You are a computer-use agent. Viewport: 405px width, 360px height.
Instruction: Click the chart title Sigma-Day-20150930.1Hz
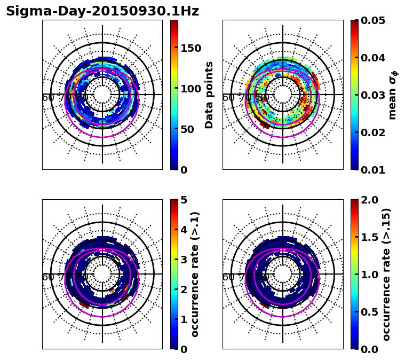pos(102,11)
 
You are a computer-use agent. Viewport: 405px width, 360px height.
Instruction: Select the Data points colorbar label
pos(209,95)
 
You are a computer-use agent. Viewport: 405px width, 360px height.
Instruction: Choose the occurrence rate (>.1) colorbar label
pos(195,274)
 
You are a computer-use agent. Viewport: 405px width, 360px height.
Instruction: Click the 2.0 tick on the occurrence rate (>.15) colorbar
pos(369,200)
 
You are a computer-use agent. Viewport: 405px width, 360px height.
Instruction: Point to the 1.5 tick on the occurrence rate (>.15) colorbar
pos(369,237)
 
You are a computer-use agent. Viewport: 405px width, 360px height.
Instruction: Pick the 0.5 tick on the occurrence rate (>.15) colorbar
pos(369,312)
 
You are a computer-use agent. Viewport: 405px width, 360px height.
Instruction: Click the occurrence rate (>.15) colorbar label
pos(386,274)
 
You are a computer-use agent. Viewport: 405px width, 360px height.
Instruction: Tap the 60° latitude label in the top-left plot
pos(48,98)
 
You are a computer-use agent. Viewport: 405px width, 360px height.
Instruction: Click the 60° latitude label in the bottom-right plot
pos(228,277)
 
